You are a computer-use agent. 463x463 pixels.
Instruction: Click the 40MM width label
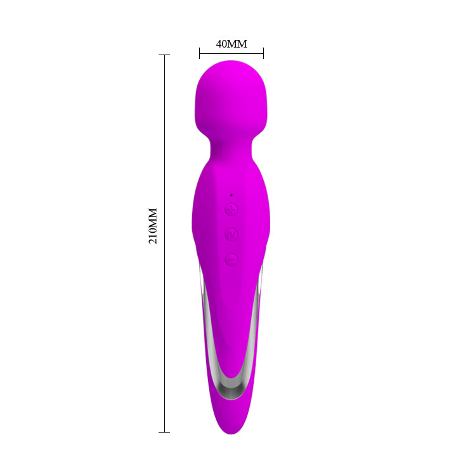(231, 44)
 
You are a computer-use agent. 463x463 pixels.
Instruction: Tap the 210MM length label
(153, 226)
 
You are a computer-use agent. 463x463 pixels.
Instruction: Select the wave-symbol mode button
(231, 234)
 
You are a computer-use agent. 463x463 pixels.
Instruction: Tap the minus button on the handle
(231, 259)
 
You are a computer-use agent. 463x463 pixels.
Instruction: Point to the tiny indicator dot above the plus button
(231, 195)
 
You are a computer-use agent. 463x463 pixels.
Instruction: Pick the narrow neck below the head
(231, 148)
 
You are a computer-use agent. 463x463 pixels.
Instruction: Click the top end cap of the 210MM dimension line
(164, 55)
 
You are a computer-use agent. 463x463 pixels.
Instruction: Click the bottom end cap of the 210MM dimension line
(164, 432)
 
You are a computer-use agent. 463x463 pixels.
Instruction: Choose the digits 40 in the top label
(222, 44)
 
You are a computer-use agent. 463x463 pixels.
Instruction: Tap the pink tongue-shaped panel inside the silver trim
(231, 323)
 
